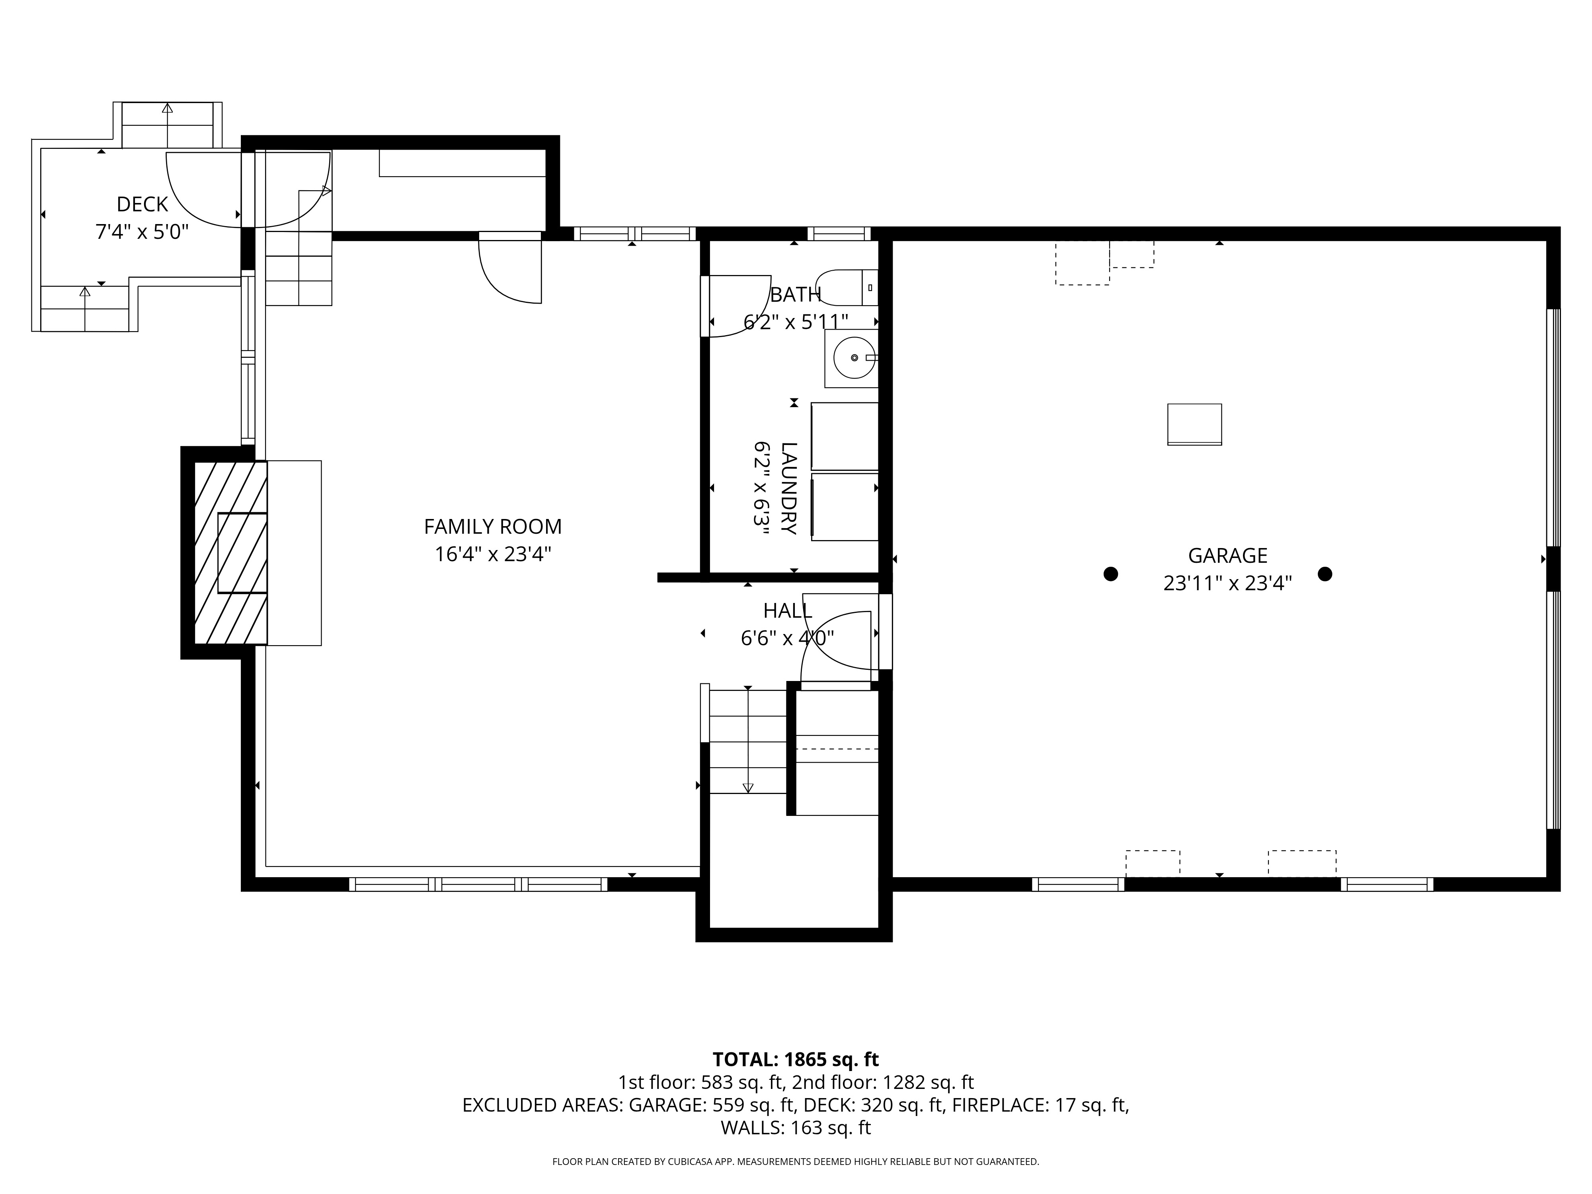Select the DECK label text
pyautogui.click(x=142, y=205)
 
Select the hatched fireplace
pyautogui.click(x=231, y=553)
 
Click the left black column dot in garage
pyautogui.click(x=1110, y=574)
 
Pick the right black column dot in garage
pyautogui.click(x=1325, y=574)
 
